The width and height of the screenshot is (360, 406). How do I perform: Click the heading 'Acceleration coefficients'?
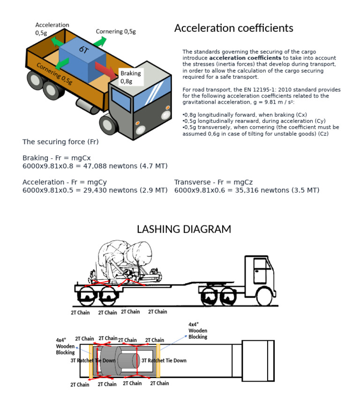click(x=233, y=28)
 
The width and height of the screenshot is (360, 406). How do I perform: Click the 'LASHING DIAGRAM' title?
click(x=184, y=229)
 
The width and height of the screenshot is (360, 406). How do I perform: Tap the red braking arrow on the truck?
click(x=106, y=71)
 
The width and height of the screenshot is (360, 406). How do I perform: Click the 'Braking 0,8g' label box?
click(x=129, y=77)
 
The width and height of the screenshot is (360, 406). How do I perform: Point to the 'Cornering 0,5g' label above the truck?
click(x=116, y=32)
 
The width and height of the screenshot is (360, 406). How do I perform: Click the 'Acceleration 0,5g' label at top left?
click(x=52, y=29)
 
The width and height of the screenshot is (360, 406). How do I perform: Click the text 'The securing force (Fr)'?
click(x=60, y=142)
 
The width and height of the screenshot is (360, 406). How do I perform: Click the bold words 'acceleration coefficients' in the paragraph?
click(x=238, y=58)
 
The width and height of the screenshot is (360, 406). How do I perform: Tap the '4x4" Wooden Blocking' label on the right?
click(x=197, y=330)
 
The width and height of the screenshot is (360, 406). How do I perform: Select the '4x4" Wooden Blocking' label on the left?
click(x=65, y=346)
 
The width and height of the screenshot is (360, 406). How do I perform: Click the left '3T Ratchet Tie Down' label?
click(x=93, y=361)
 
